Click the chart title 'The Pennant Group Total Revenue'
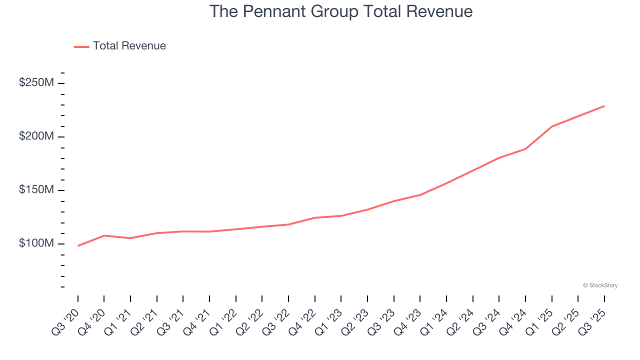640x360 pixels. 340,11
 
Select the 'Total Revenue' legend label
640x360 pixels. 129,46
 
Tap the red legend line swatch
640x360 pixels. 81,46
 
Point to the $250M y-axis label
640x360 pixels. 36,83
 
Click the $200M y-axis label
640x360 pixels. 36,136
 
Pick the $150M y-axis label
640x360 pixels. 36,190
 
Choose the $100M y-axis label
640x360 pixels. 36,243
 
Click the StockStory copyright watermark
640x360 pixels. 600,285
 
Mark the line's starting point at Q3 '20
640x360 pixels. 78,246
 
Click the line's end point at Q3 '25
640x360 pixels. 604,106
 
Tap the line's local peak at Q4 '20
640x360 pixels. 104,235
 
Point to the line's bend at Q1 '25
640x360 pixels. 552,126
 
